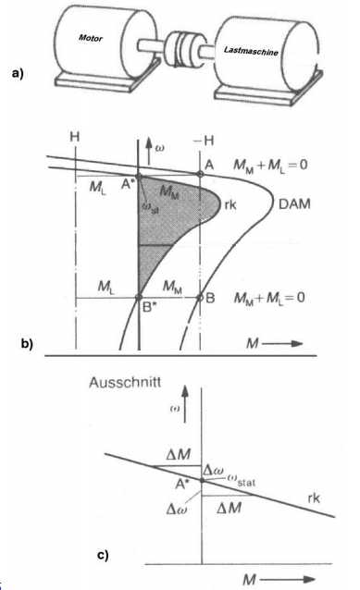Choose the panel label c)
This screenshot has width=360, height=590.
106,556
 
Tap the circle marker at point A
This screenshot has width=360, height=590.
201,174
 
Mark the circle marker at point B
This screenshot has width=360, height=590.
201,297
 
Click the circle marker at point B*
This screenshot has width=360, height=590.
138,297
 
